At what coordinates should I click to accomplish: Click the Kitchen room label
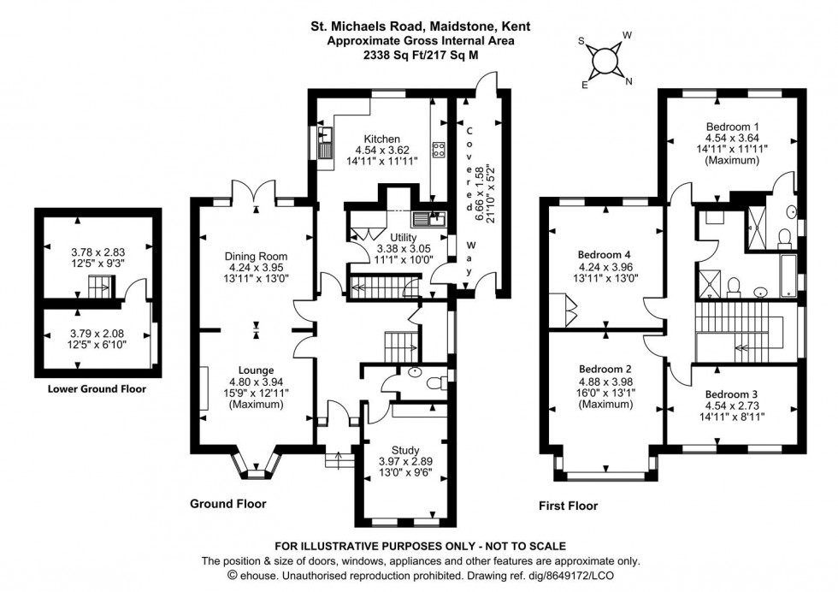tap(381, 139)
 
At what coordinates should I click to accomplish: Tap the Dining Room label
tap(256, 256)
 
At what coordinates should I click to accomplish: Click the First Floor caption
tap(568, 506)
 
